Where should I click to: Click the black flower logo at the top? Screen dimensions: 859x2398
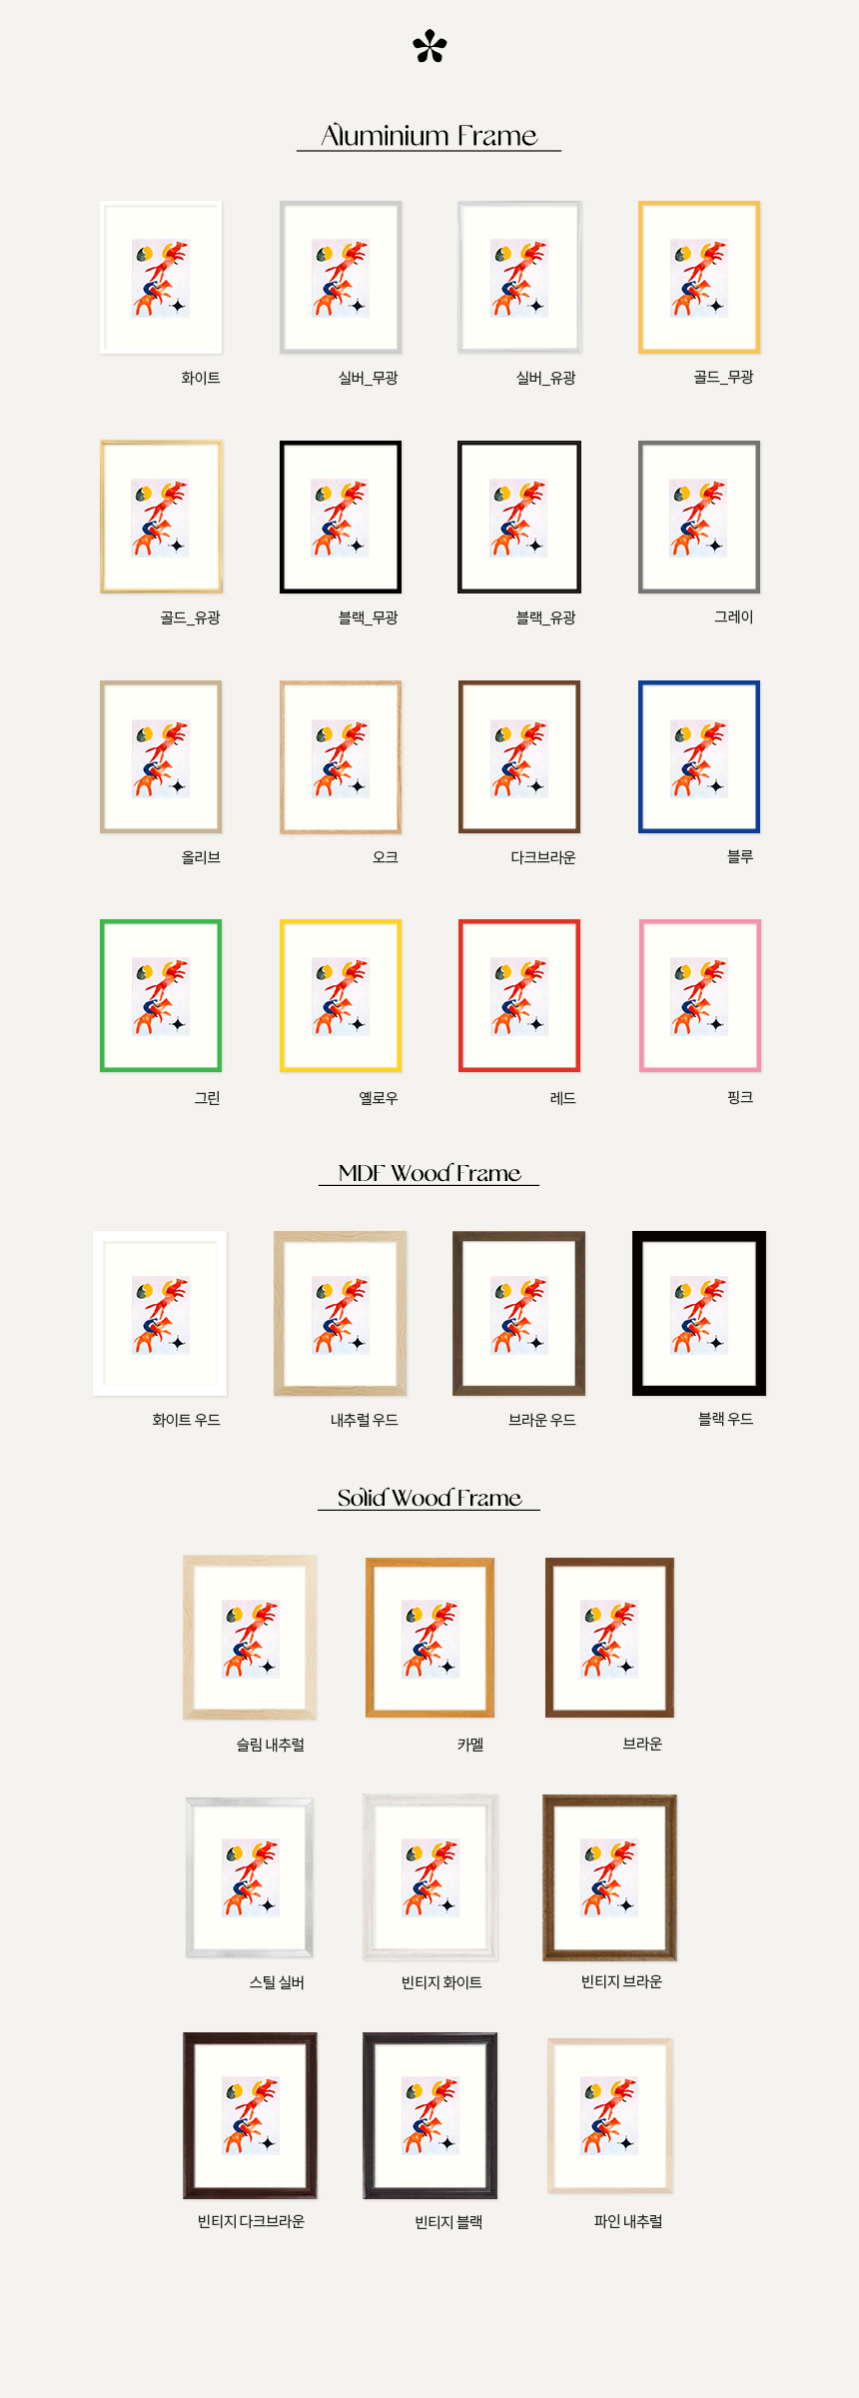pos(429,46)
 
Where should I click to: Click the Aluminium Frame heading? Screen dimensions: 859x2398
pos(429,135)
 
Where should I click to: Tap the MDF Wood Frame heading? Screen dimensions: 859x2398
pos(429,1172)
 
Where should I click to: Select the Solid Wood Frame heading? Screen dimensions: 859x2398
pos(429,1497)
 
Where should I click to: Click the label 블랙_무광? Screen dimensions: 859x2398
pos(369,617)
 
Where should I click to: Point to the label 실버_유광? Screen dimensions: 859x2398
pos(546,378)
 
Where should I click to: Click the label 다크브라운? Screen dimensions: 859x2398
pos(543,857)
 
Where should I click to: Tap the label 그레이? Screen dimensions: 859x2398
pos(734,617)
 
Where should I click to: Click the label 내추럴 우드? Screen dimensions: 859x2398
pos(365,1420)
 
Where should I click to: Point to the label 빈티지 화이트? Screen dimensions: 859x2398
pos(441,1982)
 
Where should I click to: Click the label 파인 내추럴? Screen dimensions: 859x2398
pos(628,2221)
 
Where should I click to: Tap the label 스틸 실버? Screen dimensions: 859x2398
pos(277,1982)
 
